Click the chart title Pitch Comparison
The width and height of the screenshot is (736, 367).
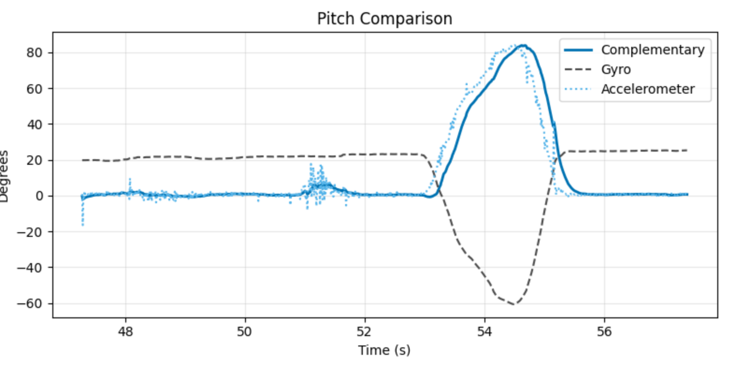tap(384, 19)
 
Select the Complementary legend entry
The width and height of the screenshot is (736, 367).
tap(652, 50)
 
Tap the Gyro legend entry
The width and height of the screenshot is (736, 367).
tap(616, 69)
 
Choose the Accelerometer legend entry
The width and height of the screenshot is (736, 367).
tap(648, 89)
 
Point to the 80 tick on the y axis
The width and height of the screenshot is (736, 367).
tap(35, 52)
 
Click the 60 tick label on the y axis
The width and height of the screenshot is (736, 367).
tap(35, 88)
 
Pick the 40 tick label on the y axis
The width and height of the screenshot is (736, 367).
tap(35, 125)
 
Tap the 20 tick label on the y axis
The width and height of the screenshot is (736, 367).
tap(35, 160)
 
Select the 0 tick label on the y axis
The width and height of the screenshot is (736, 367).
tap(39, 196)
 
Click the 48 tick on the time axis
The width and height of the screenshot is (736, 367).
tap(125, 331)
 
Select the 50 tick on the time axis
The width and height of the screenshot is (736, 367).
tap(245, 331)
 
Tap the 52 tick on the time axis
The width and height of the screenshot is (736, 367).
tap(364, 331)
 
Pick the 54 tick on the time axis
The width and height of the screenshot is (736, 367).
tap(484, 331)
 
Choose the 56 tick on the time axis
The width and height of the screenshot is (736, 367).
tap(604, 331)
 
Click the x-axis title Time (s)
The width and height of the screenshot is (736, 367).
tap(384, 350)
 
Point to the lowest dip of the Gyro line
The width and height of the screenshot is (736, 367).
tap(513, 304)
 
